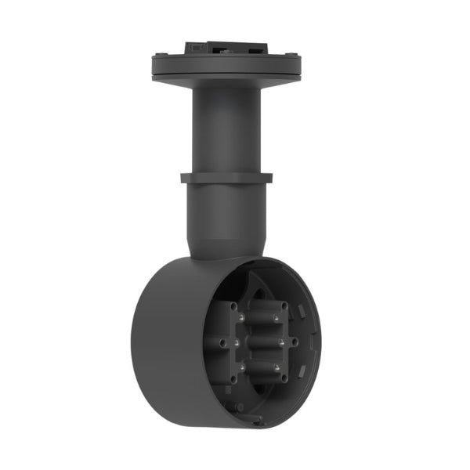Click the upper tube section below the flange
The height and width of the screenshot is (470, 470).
(x=226, y=125)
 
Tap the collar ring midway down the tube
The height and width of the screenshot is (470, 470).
(x=226, y=178)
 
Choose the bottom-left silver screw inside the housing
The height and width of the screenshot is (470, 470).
(x=243, y=365)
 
